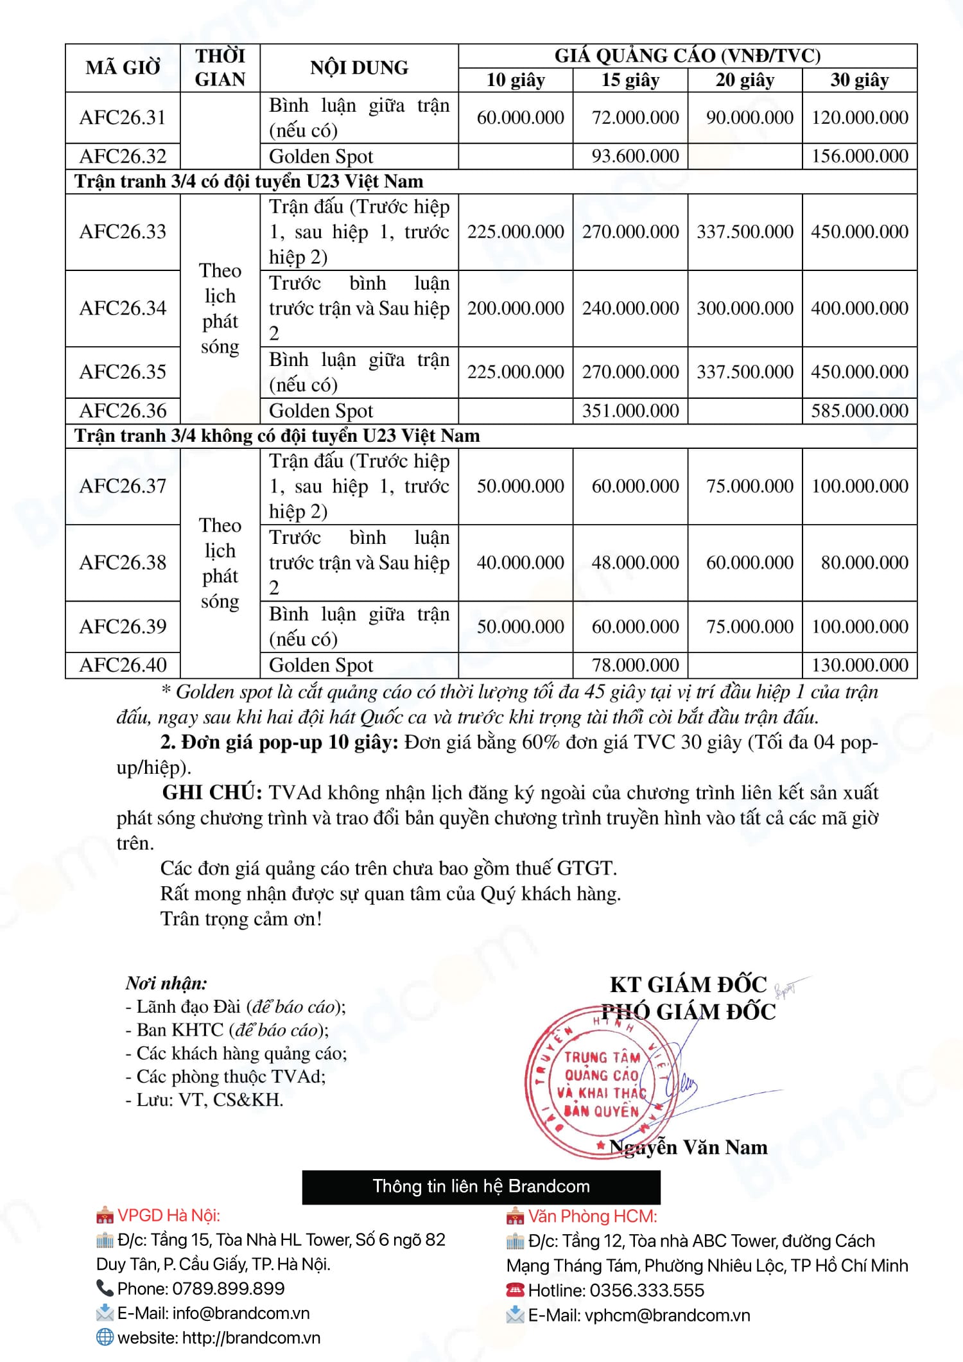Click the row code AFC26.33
[x=123, y=232]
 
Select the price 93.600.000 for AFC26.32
[x=635, y=156]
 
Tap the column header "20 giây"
[x=745, y=80]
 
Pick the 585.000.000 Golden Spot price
[x=859, y=411]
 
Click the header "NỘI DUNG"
[x=359, y=68]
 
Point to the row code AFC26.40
[x=123, y=665]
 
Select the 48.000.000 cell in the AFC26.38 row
[x=635, y=563]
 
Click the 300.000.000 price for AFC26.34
[x=745, y=308]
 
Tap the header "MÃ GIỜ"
[x=123, y=68]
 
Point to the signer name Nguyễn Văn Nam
[x=688, y=1147]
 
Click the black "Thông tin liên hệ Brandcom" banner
[x=481, y=1186]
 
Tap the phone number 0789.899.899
[x=228, y=1289]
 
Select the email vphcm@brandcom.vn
[x=667, y=1315]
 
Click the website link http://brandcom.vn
[x=251, y=1338]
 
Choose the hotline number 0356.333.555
[x=646, y=1290]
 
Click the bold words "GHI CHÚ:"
[x=212, y=793]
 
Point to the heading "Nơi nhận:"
[x=166, y=983]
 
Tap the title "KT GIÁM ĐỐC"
[x=688, y=985]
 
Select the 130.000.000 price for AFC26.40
[x=859, y=665]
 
